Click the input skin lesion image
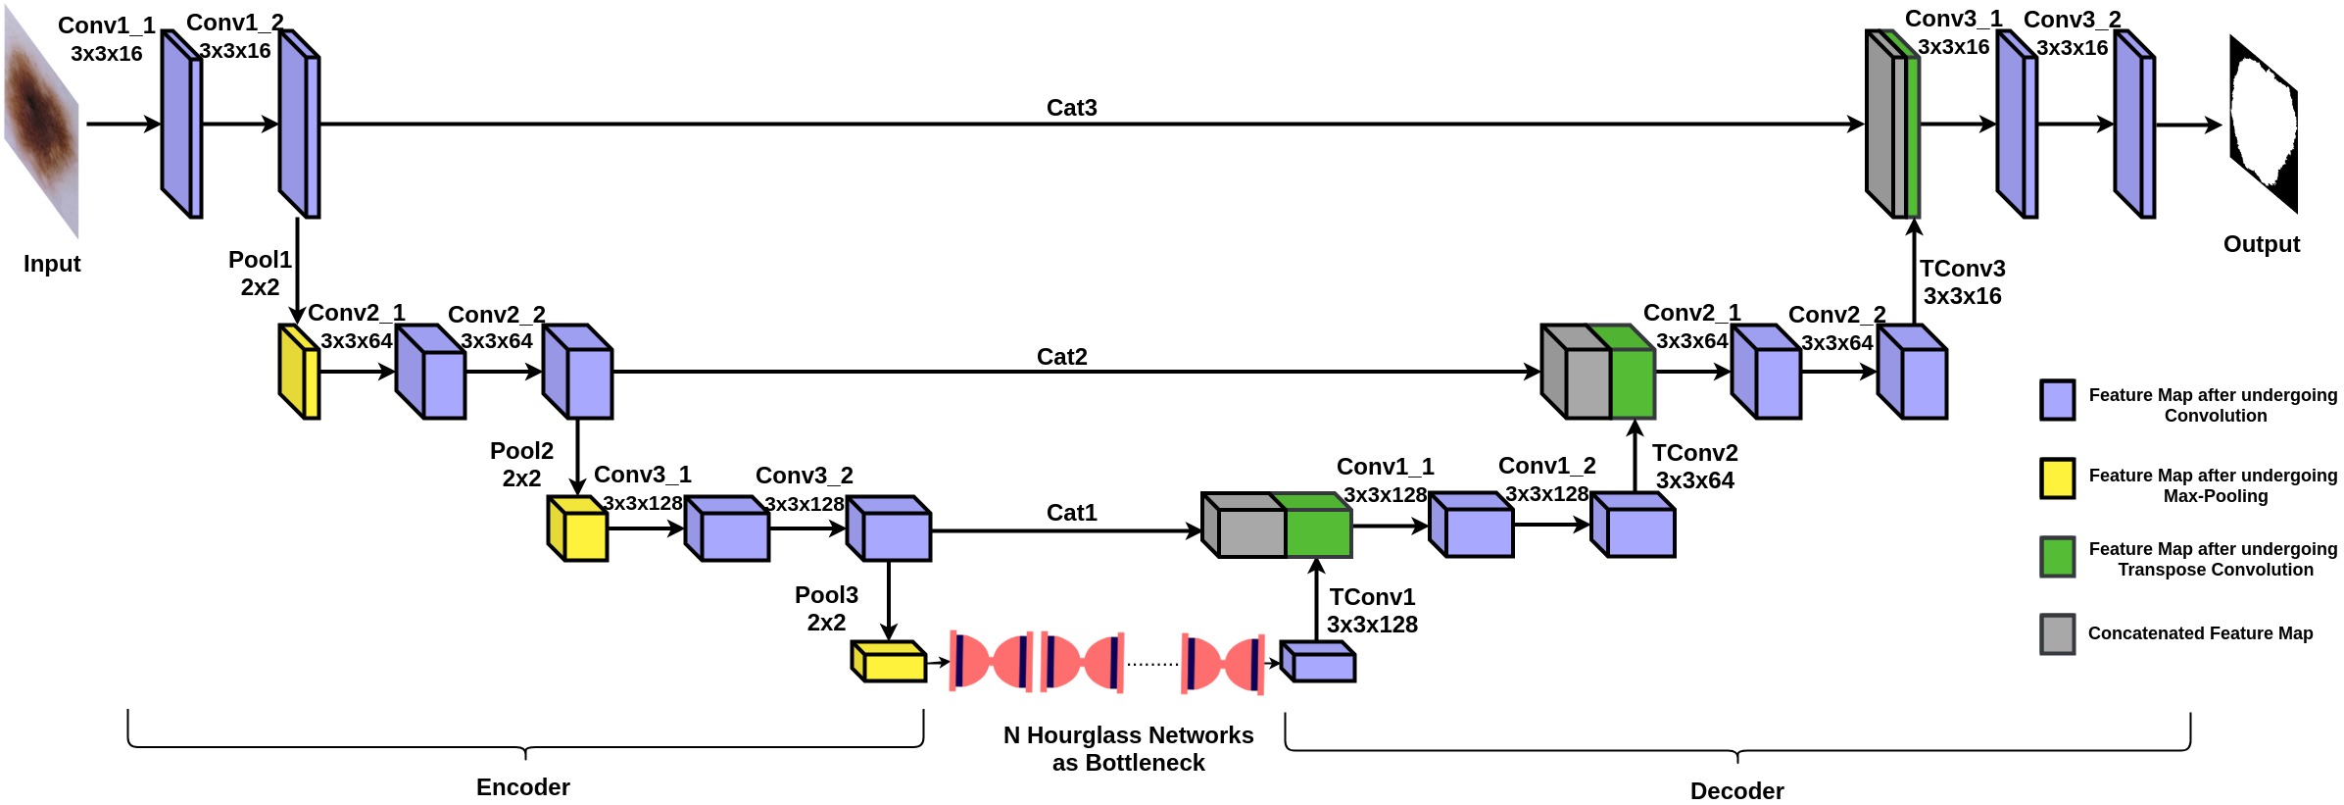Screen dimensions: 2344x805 pos(41,124)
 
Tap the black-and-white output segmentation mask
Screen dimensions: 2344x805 pos(2263,125)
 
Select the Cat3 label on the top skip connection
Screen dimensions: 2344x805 pos(1071,108)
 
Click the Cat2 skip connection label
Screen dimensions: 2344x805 pos(1061,357)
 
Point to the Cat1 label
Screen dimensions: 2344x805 pos(1071,513)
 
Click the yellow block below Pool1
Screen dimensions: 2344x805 pos(299,372)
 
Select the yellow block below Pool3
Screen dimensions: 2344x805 pos(888,662)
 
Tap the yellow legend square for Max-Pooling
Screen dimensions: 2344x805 pos(2057,478)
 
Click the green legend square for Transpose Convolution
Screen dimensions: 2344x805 pos(2057,557)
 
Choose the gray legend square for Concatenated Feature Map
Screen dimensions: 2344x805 pos(2057,634)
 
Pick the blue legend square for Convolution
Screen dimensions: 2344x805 pos(2057,400)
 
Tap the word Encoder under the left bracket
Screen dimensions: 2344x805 pos(522,787)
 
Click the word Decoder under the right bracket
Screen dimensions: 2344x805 pos(1736,791)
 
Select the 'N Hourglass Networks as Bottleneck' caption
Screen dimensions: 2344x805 pos(1128,749)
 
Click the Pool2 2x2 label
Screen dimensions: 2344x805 pos(521,465)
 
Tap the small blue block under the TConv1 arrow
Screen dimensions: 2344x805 pos(1318,662)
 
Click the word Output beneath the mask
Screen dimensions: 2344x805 pos(2261,244)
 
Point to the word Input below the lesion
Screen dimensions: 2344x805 pos(52,264)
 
